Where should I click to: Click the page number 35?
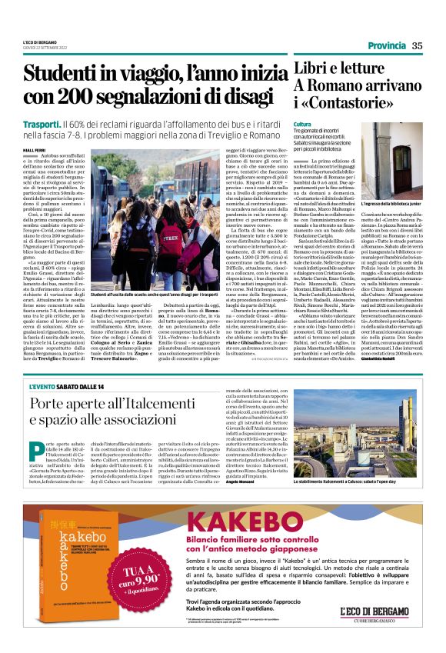[x=418, y=46]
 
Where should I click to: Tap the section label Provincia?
[x=386, y=46]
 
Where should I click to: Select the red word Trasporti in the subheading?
[x=40, y=123]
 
